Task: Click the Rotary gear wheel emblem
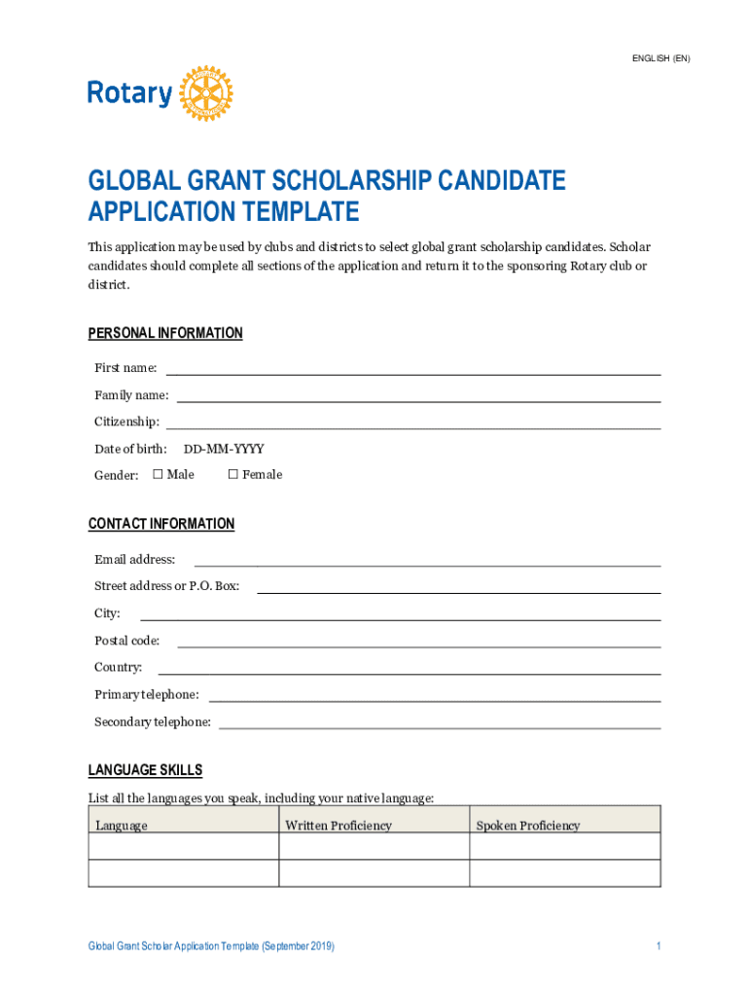click(205, 93)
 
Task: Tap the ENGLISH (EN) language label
click(660, 58)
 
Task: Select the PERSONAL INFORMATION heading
click(165, 333)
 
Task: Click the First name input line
click(413, 371)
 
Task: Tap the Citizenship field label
click(126, 422)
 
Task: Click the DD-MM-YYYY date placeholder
click(224, 449)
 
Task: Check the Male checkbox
click(158, 474)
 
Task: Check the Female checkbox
click(232, 474)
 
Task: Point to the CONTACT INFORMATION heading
click(161, 524)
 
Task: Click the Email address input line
click(427, 563)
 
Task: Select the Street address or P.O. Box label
click(166, 586)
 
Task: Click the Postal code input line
click(418, 644)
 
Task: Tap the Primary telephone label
click(147, 694)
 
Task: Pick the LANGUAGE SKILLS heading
click(146, 770)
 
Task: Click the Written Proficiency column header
click(339, 826)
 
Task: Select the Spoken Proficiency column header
click(527, 826)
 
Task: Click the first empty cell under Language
click(184, 846)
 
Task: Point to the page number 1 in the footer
click(659, 946)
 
